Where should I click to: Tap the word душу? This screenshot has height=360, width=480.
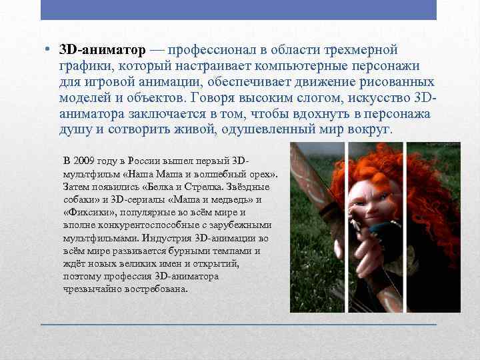pyautogui.click(x=72, y=129)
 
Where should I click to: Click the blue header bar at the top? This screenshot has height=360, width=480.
pyautogui.click(x=239, y=10)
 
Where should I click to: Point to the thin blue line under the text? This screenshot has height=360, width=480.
pyautogui.click(x=239, y=323)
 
